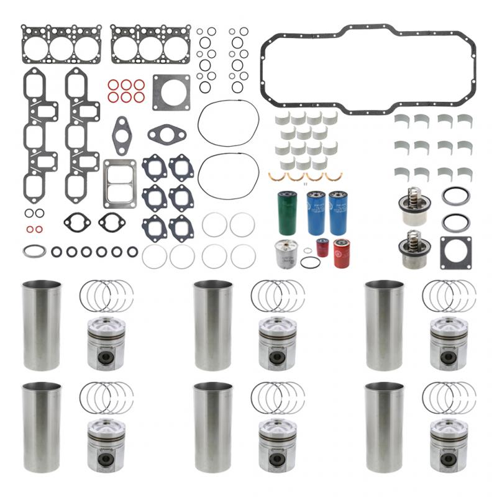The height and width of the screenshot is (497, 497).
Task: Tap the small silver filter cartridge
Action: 286,253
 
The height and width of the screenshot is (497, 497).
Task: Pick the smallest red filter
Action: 322,247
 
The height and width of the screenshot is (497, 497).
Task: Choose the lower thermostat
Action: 410,249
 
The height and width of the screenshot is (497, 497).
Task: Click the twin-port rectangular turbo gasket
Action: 119,184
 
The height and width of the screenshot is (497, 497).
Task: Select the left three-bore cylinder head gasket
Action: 61,44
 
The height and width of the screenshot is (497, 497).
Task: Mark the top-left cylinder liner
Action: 42,326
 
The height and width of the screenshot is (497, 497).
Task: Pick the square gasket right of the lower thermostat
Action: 455,252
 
